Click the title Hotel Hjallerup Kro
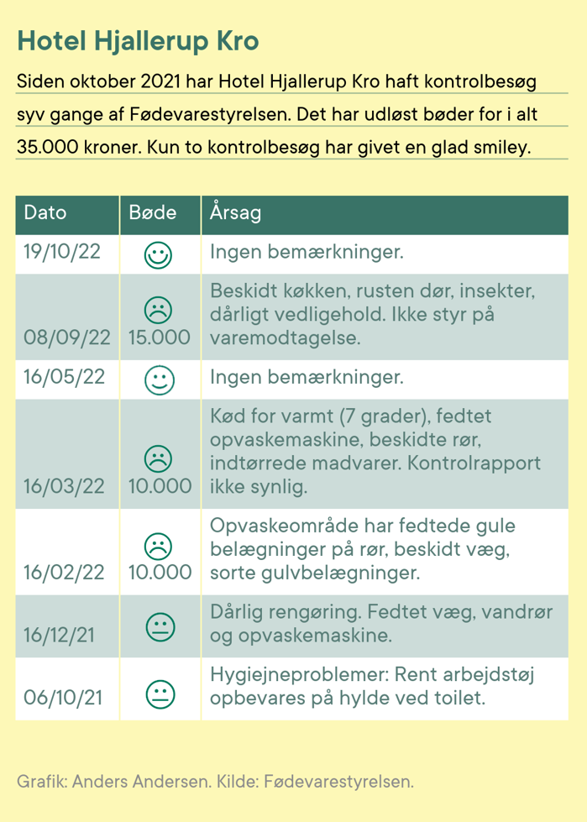tap(138, 42)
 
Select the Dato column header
tap(45, 212)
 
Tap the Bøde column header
tap(153, 212)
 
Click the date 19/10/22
tap(63, 252)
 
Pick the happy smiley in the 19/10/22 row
tap(159, 254)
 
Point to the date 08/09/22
tap(68, 338)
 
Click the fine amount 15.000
tap(159, 338)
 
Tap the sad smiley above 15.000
tap(159, 310)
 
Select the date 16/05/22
tap(65, 377)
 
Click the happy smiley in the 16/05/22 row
tap(159, 380)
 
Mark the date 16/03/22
tap(66, 486)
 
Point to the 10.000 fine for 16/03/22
tap(159, 486)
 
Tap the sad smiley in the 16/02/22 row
tap(159, 544)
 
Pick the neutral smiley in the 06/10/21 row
tap(159, 694)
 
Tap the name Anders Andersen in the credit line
tap(142, 782)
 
